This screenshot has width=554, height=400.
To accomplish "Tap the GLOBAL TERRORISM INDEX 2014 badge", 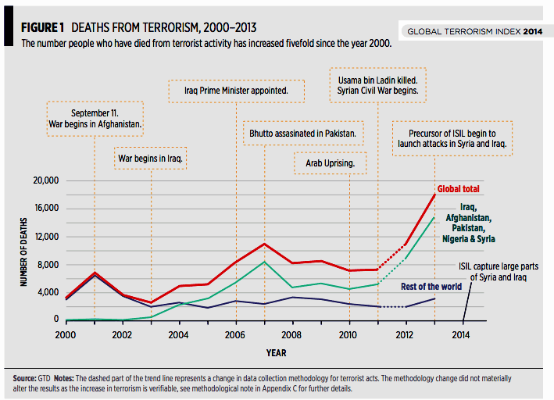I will pyautogui.click(x=474, y=31).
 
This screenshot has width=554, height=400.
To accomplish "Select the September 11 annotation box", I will pyautogui.click(x=94, y=118).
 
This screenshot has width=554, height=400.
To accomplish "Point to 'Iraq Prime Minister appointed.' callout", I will pyautogui.click(x=235, y=91).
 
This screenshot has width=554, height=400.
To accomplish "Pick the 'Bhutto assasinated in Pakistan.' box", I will pyautogui.click(x=302, y=134).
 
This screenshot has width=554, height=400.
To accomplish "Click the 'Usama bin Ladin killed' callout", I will pyautogui.click(x=378, y=85).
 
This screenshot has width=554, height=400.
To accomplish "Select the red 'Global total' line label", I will pyautogui.click(x=459, y=189).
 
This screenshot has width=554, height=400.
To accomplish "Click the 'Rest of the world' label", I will pyautogui.click(x=431, y=286).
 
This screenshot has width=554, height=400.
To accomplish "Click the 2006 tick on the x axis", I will pyautogui.click(x=234, y=334).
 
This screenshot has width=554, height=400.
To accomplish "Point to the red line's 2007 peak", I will pyautogui.click(x=265, y=244).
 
